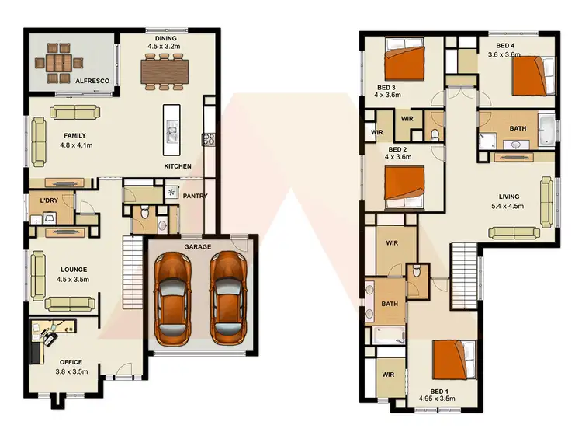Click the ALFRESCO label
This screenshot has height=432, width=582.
click(x=92, y=79)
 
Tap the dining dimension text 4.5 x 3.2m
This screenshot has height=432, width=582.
click(x=165, y=46)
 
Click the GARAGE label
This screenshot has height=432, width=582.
click(x=198, y=246)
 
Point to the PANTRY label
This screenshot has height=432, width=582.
click(x=195, y=196)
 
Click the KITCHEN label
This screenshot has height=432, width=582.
click(x=178, y=167)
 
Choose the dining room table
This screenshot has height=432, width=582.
click(x=165, y=71)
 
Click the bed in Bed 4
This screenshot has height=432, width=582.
click(x=531, y=74)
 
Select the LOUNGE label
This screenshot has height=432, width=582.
click(x=73, y=270)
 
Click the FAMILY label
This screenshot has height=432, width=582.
click(x=76, y=135)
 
